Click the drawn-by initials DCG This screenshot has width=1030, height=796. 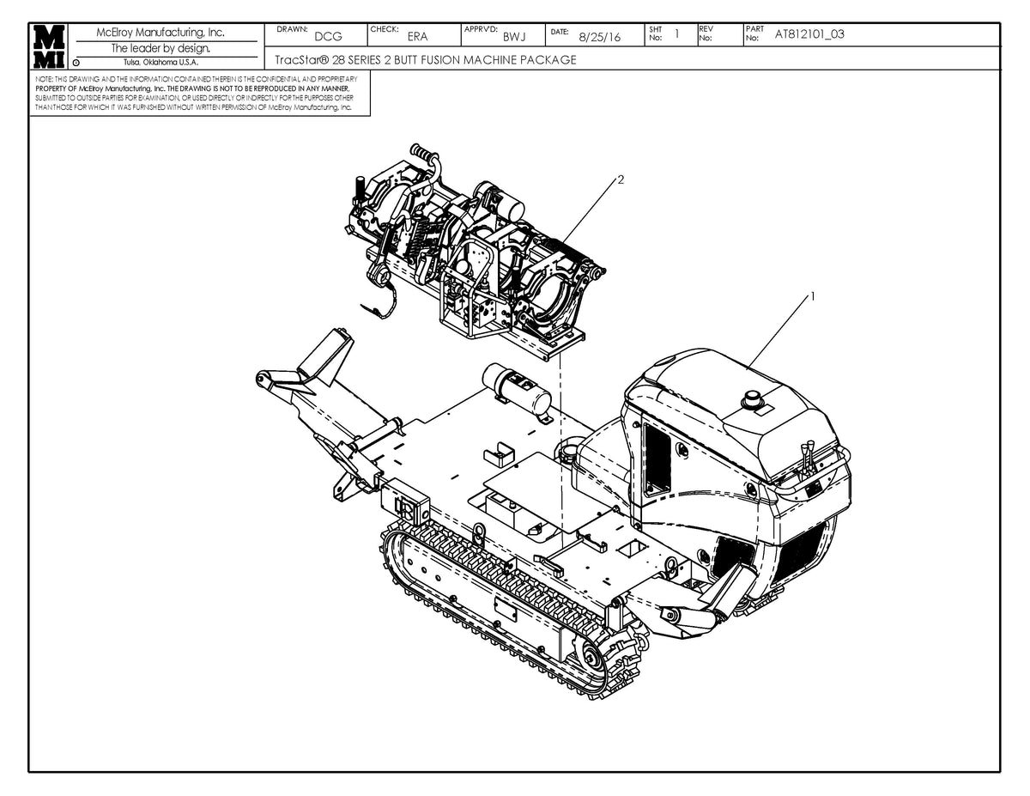[x=328, y=36]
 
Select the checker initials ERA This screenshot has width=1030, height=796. [x=417, y=36]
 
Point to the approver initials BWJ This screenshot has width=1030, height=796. [x=514, y=36]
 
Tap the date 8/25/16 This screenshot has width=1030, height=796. [x=600, y=37]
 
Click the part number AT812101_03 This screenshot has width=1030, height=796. [x=809, y=34]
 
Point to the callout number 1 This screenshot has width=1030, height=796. [x=812, y=295]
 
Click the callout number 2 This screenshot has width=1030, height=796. [x=620, y=179]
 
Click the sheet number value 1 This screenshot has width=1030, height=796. [x=677, y=34]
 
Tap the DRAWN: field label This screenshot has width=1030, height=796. [x=294, y=29]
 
